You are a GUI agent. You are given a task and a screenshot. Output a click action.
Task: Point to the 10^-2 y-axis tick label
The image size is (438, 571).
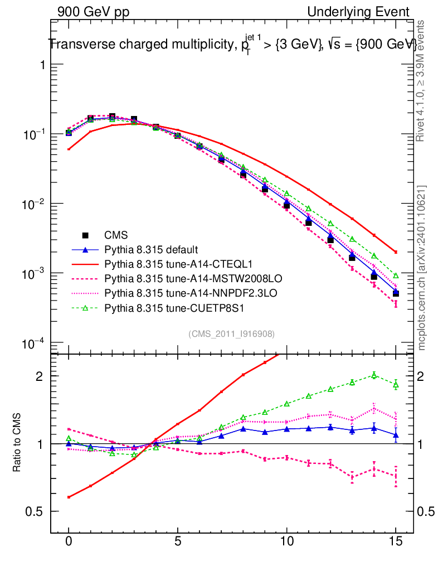coord(35,204)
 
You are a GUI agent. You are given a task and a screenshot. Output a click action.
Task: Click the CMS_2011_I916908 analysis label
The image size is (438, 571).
coord(232,333)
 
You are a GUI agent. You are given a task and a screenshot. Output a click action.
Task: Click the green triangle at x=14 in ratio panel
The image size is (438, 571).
coord(374,375)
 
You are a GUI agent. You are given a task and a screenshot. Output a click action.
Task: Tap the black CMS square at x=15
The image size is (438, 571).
coord(396,293)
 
